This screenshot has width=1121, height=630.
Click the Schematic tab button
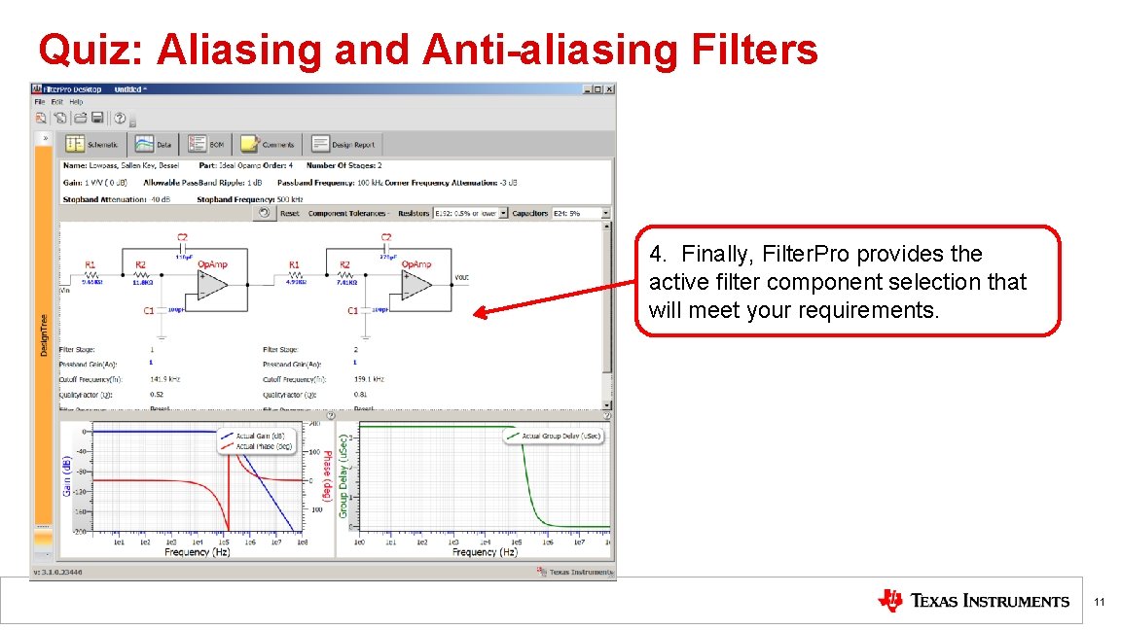93,145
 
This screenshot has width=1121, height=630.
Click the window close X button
609,88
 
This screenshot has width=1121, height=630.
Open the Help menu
76,101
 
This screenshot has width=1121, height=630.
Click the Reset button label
290,213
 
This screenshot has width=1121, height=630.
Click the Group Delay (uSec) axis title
344,482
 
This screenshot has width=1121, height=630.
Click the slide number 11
1099,603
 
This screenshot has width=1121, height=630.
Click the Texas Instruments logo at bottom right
973,601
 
